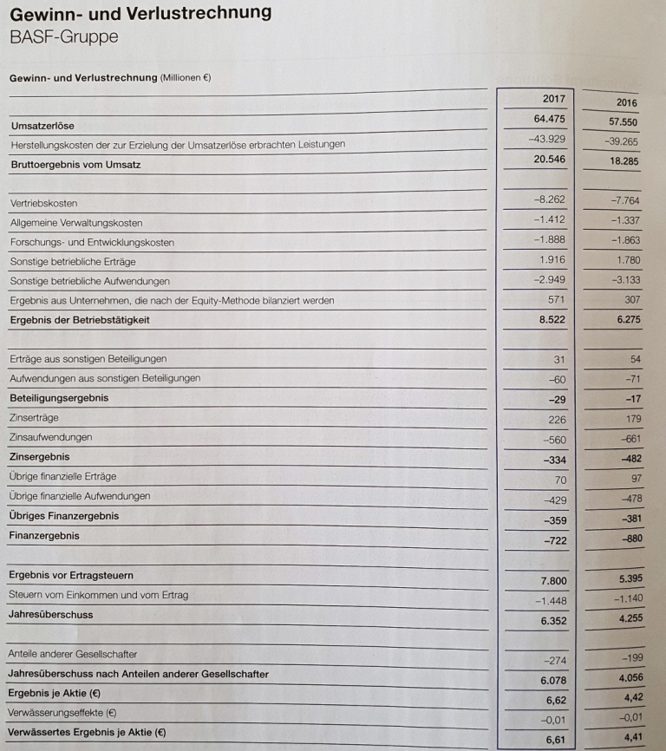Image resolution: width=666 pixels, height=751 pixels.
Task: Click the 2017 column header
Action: click(552, 99)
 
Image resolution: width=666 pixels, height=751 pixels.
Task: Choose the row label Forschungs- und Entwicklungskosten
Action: click(92, 242)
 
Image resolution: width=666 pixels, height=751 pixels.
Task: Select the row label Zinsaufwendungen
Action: click(50, 437)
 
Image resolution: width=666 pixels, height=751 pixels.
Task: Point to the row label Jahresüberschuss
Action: click(50, 614)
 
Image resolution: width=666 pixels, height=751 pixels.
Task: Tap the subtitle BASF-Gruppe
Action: click(63, 37)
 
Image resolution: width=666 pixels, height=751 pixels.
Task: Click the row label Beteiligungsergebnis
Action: click(58, 398)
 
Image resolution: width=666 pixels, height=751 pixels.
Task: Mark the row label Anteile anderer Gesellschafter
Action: click(73, 653)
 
